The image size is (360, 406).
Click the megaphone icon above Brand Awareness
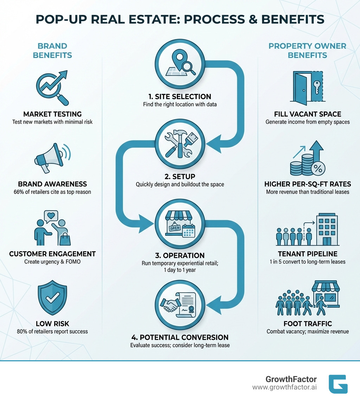[52, 157]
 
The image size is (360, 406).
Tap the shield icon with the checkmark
[52, 297]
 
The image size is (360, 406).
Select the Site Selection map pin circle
[180, 66]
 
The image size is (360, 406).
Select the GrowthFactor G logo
[338, 384]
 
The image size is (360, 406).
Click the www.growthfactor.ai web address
[284, 387]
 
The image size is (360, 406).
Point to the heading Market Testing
[52, 114]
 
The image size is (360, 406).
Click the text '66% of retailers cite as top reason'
[52, 192]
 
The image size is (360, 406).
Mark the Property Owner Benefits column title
[307, 51]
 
